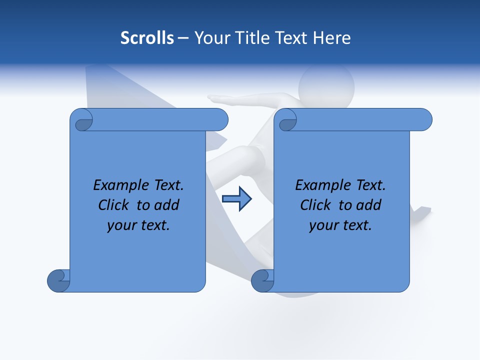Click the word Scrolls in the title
point(147,38)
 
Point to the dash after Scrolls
point(183,38)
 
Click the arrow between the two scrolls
point(236,199)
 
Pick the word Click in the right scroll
point(315,205)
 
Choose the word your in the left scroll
point(119,225)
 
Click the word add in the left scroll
point(167,205)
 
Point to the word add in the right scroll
point(369,205)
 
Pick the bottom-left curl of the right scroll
point(263,280)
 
